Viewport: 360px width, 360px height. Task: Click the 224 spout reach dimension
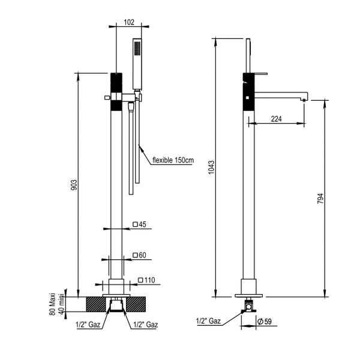coord(277,119)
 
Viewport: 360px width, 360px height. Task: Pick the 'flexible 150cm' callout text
coord(173,160)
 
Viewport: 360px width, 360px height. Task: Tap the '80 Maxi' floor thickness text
coord(52,305)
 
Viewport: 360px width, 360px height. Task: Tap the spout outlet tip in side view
coord(305,98)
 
